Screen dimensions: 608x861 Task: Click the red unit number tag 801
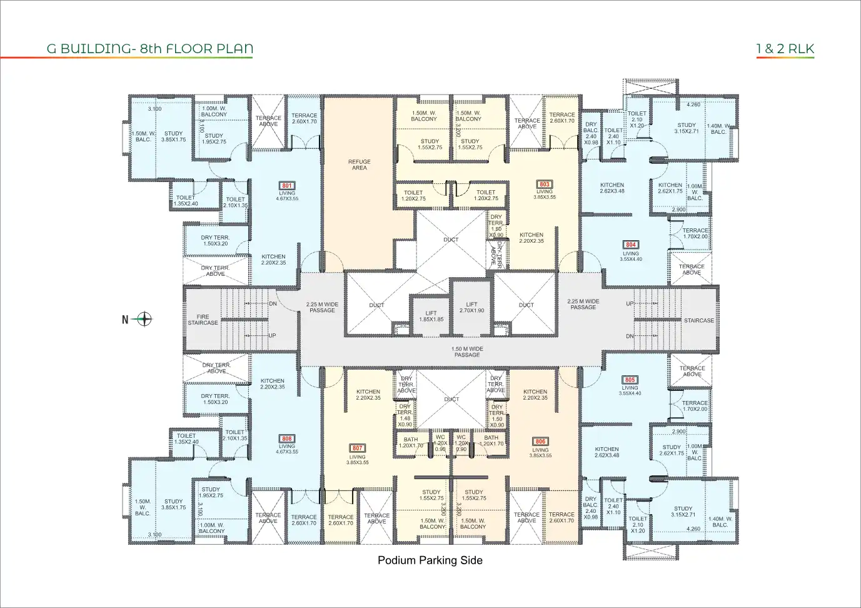287,186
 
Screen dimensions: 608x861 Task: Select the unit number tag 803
545,185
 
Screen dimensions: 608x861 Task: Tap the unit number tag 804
631,245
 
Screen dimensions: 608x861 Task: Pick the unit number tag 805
630,380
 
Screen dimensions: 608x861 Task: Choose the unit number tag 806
540,442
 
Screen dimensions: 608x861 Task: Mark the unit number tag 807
357,448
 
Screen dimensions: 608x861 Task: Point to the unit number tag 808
287,439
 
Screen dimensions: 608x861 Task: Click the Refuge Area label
359,165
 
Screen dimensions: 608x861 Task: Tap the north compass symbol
144,320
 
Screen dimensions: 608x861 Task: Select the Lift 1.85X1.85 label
431,317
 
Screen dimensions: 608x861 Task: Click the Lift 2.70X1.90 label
471,308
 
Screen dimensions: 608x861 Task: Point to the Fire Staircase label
203,320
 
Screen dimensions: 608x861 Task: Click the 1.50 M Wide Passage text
467,352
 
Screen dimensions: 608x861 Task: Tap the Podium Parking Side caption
430,560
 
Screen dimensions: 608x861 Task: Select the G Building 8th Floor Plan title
150,49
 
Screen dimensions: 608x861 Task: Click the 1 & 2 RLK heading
785,49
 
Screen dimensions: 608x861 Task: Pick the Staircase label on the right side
698,321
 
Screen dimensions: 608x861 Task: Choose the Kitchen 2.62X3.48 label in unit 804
612,188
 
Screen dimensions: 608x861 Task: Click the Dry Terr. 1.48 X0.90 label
405,415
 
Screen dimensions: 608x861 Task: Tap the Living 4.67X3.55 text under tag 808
287,449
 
